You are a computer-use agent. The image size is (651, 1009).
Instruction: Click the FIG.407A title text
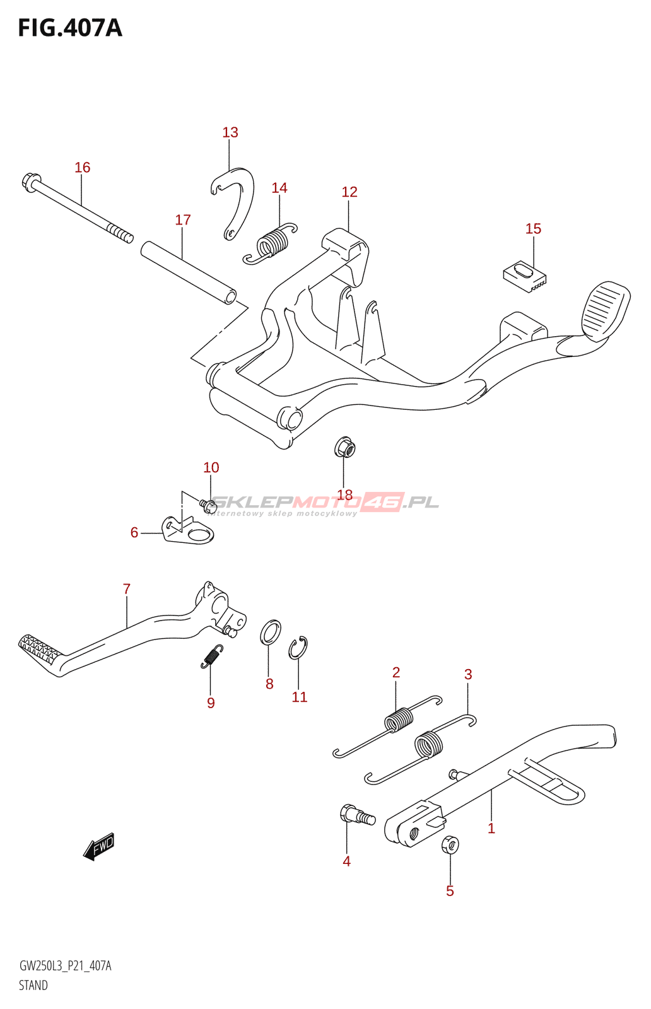click(70, 28)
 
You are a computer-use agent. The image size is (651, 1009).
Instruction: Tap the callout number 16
click(83, 167)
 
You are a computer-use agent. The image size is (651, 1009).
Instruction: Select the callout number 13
click(230, 132)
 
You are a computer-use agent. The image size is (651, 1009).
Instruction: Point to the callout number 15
click(533, 229)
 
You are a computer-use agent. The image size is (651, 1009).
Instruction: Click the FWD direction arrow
click(100, 846)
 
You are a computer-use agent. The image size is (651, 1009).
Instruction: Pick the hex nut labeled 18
click(344, 448)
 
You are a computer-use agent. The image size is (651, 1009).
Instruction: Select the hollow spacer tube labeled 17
click(188, 272)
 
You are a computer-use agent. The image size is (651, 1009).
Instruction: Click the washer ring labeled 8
click(271, 632)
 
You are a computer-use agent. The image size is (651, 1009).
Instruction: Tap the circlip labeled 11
click(298, 648)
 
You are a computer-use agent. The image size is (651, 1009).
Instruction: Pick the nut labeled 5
click(450, 844)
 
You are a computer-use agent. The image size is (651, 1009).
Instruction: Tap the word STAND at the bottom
click(33, 985)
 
